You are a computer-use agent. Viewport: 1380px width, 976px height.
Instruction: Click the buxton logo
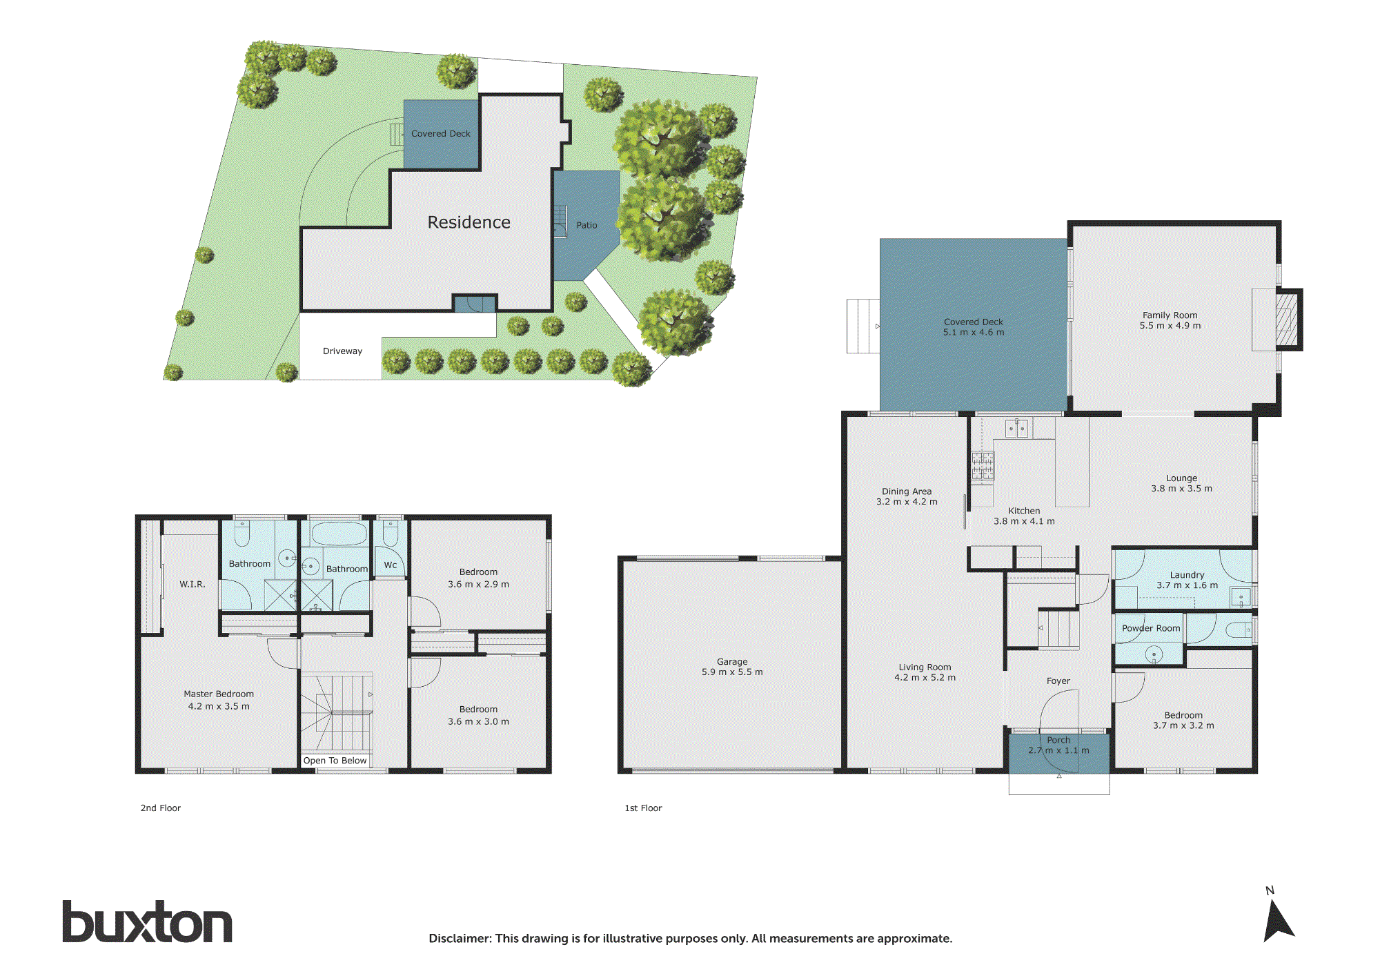point(147,922)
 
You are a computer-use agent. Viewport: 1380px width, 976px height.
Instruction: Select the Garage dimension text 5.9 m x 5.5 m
point(732,672)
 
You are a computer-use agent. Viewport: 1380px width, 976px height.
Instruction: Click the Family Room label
point(1170,315)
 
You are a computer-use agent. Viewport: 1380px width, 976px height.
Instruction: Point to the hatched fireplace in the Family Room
point(1286,320)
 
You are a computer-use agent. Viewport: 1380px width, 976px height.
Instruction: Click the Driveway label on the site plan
point(342,351)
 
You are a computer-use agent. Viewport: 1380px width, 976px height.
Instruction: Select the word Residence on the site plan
point(469,222)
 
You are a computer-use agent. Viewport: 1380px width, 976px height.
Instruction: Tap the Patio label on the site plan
point(586,225)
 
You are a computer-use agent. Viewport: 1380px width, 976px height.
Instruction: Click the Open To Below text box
point(335,760)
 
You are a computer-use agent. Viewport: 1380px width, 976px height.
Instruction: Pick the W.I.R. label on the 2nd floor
point(193,584)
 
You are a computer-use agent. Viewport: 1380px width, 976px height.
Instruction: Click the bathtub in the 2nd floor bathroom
point(339,534)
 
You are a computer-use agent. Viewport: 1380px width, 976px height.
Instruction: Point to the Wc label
point(391,565)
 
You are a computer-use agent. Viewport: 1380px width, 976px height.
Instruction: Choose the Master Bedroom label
point(219,694)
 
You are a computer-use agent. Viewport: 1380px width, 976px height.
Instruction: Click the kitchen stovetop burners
point(983,466)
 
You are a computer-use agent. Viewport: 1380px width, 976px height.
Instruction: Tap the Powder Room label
point(1150,628)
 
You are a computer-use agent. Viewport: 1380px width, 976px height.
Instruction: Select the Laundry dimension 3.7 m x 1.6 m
point(1187,585)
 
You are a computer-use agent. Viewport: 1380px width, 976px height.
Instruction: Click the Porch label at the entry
point(1058,740)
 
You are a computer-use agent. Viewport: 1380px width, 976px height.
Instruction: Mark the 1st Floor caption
point(643,808)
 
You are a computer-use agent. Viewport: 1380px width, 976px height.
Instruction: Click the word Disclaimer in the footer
point(459,938)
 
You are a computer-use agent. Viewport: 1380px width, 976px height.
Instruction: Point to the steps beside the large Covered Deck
point(862,326)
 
